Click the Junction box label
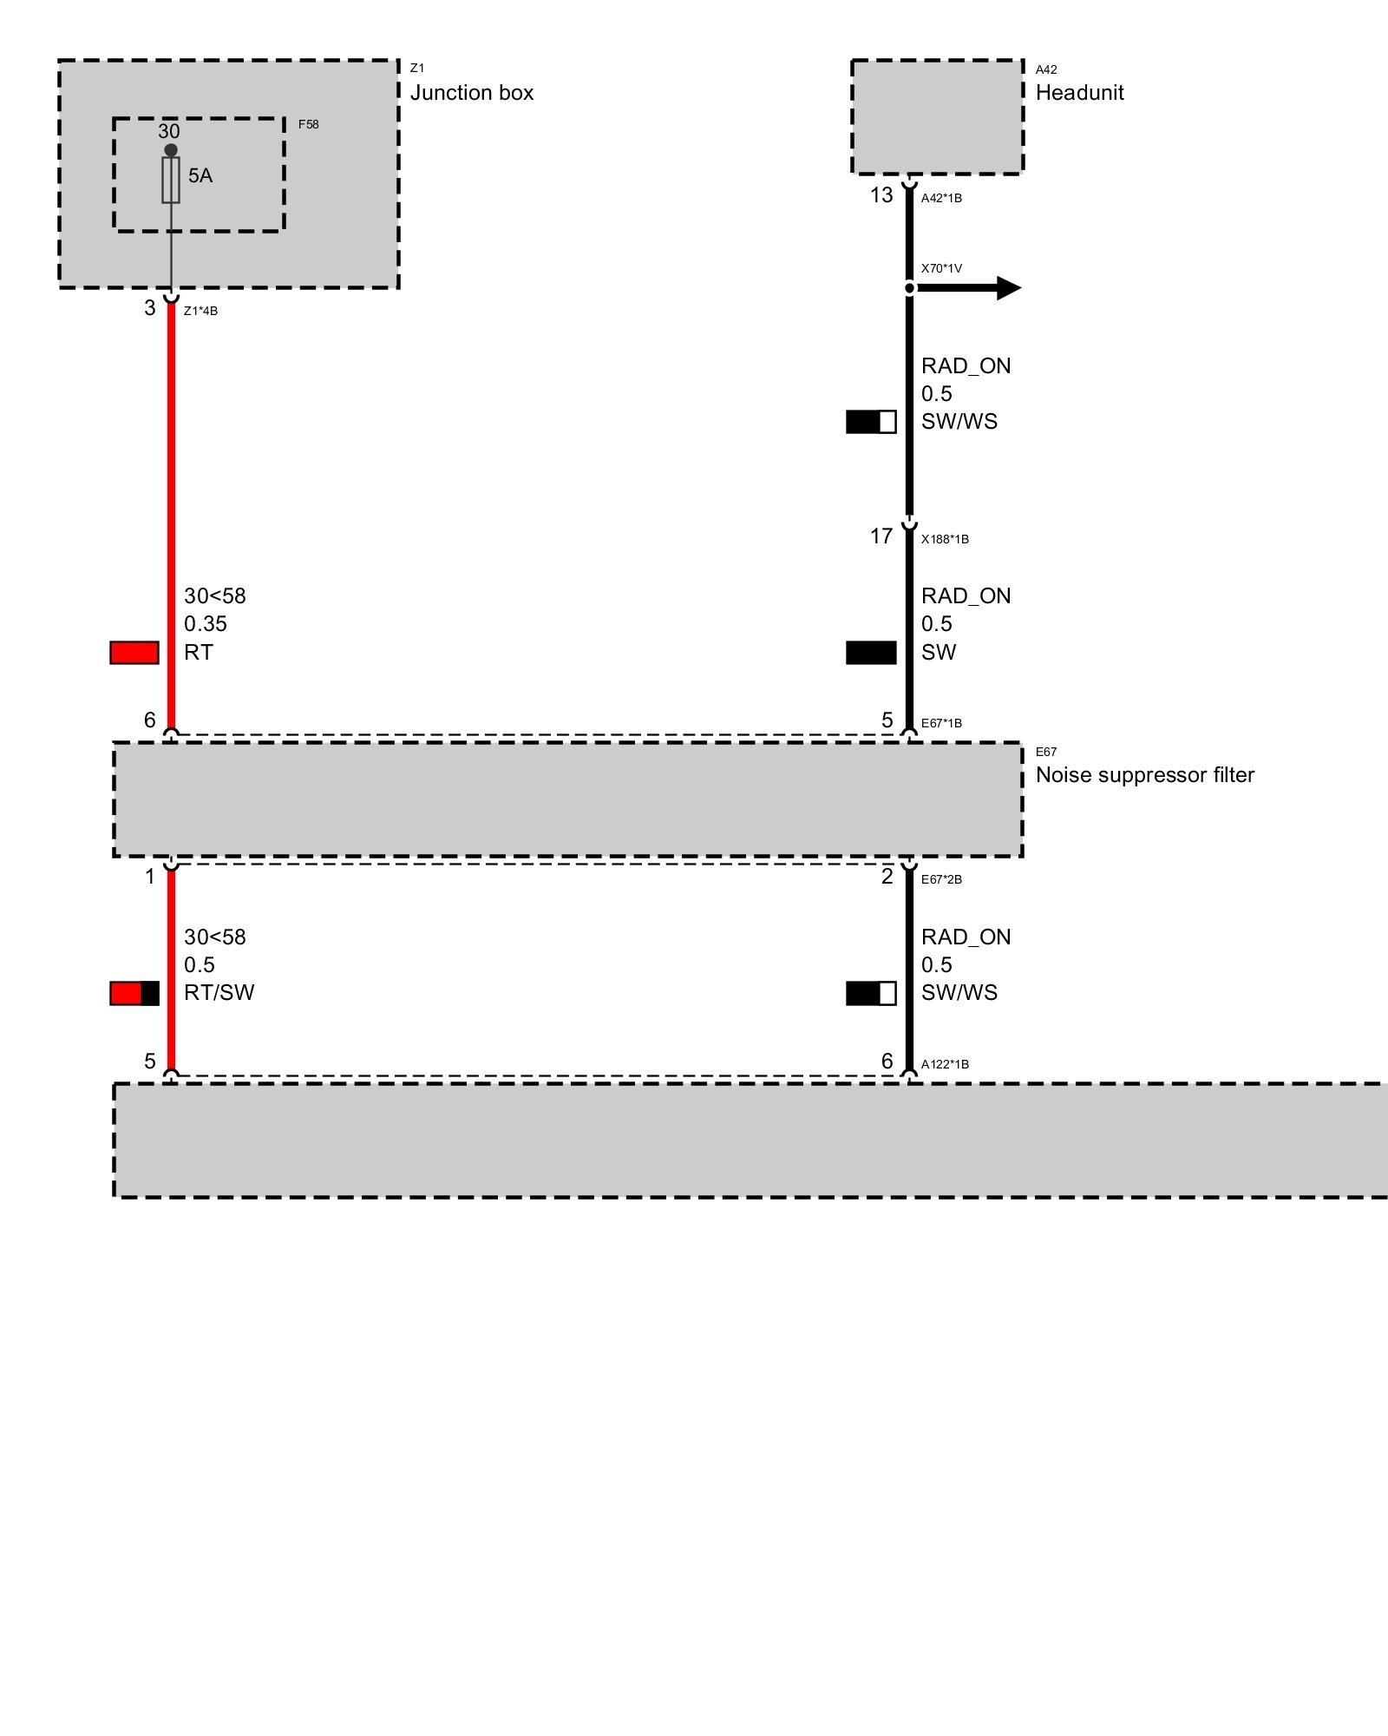471,93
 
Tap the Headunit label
1079,93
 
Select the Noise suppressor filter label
1144,775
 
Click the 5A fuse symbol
171,181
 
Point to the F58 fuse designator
308,124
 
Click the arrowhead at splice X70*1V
1009,288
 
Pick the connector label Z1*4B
200,312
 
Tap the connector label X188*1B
945,539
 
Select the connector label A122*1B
945,1064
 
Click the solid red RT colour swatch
134,653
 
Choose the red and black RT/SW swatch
134,993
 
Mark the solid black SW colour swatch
871,653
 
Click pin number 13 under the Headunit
881,195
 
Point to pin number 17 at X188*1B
881,536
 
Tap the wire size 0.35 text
206,624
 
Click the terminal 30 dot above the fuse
171,150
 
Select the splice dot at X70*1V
909,288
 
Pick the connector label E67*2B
941,879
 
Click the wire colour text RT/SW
219,993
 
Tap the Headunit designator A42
1046,69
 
